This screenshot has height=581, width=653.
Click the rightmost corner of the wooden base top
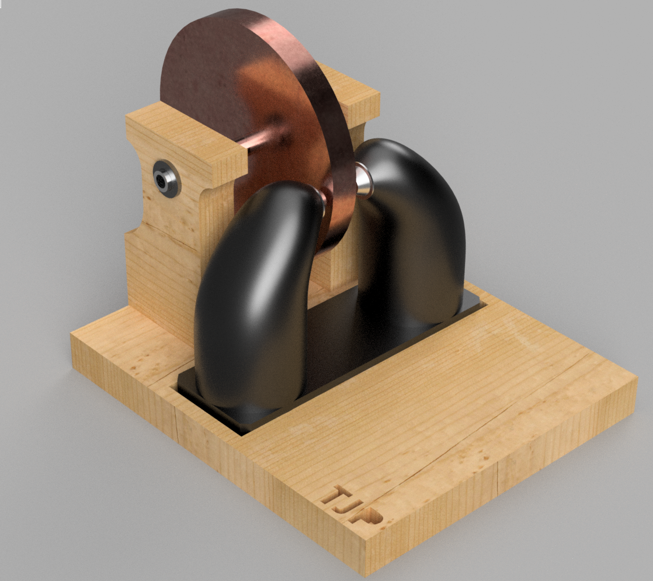(636, 386)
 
